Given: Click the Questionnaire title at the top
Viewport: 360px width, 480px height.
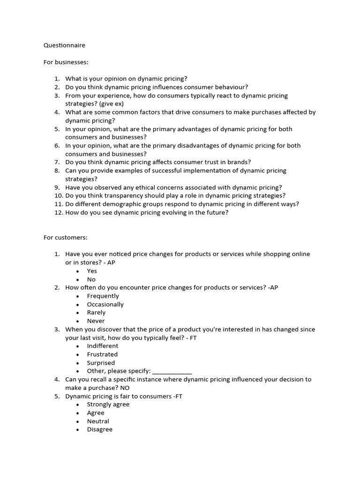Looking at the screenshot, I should (x=65, y=45).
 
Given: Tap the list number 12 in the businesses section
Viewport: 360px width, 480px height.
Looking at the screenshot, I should (x=57, y=212).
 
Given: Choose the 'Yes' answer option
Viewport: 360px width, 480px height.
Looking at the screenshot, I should (x=92, y=271).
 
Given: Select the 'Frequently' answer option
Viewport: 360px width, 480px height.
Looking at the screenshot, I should (x=103, y=296).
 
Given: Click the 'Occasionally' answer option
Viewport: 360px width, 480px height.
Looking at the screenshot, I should (x=105, y=304).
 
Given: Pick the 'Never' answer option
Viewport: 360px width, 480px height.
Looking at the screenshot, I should (x=96, y=321).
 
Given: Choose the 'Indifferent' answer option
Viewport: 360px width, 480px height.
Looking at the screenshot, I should (x=102, y=346).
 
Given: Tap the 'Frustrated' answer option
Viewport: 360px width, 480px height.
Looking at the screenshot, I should (x=102, y=354).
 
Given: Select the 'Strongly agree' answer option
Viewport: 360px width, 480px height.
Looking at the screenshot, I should (x=108, y=405).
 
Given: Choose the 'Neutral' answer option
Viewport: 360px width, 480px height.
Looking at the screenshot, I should (x=98, y=421).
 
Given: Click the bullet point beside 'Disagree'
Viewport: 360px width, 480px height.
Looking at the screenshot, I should (x=78, y=429).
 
